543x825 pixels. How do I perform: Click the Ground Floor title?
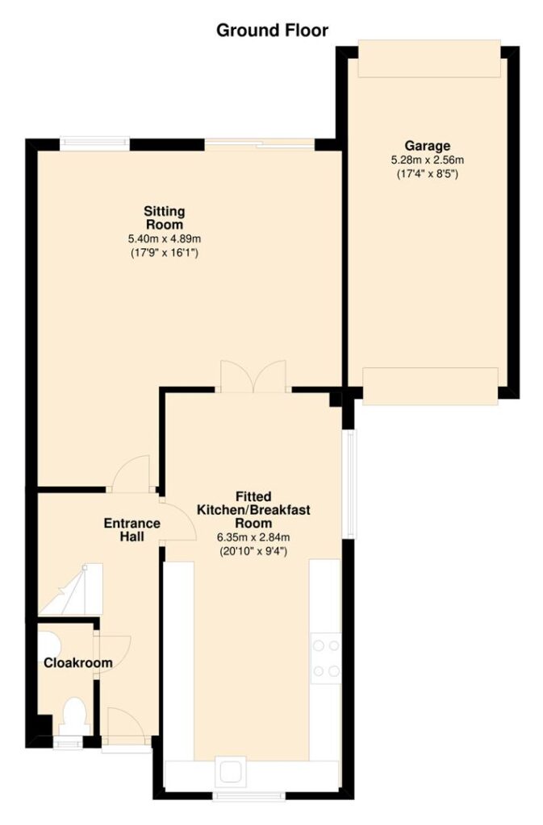pos(272,31)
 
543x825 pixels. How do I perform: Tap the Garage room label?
pos(427,146)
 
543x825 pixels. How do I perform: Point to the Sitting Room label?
pos(165,218)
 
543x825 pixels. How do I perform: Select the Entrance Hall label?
pos(132,530)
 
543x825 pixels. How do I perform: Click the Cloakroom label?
pos(78,663)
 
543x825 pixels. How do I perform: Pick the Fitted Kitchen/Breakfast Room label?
pos(253,509)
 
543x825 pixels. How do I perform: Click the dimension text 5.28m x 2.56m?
pos(427,160)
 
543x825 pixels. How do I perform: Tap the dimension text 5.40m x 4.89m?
pos(165,238)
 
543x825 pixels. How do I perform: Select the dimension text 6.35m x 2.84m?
pos(253,537)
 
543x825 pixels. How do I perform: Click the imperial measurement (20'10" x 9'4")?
pos(253,552)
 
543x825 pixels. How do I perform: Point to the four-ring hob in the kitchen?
pos(326,658)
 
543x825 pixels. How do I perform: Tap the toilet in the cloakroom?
pos(73,715)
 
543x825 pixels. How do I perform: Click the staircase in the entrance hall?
pos(71,589)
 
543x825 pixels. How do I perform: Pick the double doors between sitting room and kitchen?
pos(253,375)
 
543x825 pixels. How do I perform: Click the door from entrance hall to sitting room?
pos(132,474)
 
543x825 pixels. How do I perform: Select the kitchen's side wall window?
pos(350,484)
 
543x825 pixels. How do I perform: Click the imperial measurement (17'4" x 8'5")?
pos(427,174)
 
